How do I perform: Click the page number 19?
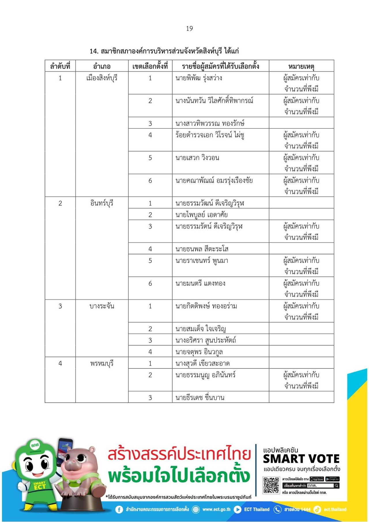click(x=189, y=29)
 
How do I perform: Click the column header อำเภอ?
click(x=102, y=66)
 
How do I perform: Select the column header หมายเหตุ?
click(x=301, y=66)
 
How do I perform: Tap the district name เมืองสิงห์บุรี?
click(x=102, y=78)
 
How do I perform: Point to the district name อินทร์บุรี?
click(x=102, y=203)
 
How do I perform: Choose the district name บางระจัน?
click(x=102, y=306)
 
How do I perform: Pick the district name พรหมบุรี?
click(x=102, y=363)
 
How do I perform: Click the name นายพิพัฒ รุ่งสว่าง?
click(x=199, y=78)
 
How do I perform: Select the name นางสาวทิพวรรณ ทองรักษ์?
click(x=210, y=123)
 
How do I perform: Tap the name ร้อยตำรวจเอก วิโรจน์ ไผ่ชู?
click(x=210, y=135)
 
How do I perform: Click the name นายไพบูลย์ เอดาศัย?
click(x=202, y=215)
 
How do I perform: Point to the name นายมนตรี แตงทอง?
click(x=200, y=283)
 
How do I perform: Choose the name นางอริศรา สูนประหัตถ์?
click(x=206, y=340)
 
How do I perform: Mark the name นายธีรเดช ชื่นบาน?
click(x=200, y=397)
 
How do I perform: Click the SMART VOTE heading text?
click(x=301, y=459)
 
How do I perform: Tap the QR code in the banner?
click(x=271, y=485)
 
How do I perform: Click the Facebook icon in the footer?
click(x=119, y=510)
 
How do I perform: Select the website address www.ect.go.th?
click(x=216, y=510)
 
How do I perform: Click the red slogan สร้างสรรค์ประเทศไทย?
click(x=179, y=454)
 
